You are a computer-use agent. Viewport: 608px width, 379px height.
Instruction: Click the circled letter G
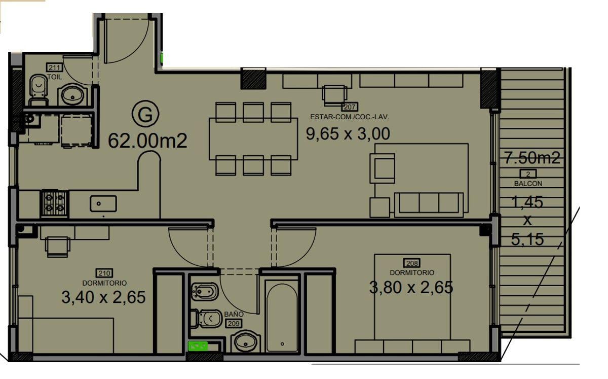pyautogui.click(x=145, y=114)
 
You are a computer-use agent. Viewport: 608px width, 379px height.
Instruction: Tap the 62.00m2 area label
pyautogui.click(x=147, y=141)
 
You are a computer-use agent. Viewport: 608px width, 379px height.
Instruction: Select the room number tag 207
pyautogui.click(x=350, y=107)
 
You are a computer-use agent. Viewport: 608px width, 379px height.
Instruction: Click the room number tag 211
pyautogui.click(x=55, y=67)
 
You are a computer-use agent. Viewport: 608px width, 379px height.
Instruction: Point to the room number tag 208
pyautogui.click(x=412, y=263)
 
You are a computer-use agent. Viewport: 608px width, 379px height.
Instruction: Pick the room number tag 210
pyautogui.click(x=104, y=273)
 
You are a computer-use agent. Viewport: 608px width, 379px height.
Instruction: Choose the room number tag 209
pyautogui.click(x=234, y=324)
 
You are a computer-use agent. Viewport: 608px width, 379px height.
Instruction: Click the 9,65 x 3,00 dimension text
pyautogui.click(x=348, y=134)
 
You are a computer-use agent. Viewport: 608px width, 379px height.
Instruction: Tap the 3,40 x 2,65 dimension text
pyautogui.click(x=103, y=297)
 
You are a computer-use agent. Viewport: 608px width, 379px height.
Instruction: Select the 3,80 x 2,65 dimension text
pyautogui.click(x=411, y=287)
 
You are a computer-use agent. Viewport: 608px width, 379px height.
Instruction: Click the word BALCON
pyautogui.click(x=528, y=184)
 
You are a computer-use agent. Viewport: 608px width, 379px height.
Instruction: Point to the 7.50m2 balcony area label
pyautogui.click(x=532, y=158)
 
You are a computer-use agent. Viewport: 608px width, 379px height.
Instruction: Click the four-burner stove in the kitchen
pyautogui.click(x=55, y=204)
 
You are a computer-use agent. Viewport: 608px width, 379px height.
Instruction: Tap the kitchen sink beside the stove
pyautogui.click(x=103, y=203)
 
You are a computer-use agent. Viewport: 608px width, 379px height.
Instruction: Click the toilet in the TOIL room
pyautogui.click(x=39, y=90)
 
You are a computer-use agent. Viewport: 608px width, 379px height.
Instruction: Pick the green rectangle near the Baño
pyautogui.click(x=198, y=347)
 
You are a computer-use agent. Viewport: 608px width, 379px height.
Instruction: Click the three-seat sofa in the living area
pyautogui.click(x=429, y=205)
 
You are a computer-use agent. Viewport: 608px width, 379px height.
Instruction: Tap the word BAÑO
pyautogui.click(x=234, y=314)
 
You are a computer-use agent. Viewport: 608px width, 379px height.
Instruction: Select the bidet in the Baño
pyautogui.click(x=205, y=292)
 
